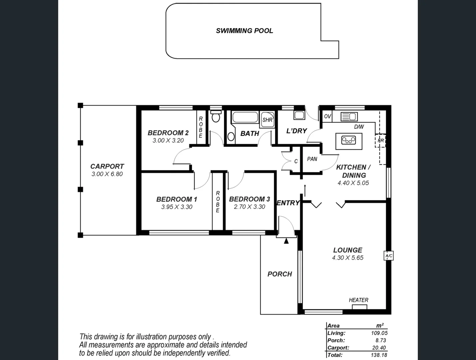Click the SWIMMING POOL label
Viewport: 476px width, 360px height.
click(x=244, y=31)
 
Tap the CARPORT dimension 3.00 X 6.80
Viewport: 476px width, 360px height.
click(x=107, y=174)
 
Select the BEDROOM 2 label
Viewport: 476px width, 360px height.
click(x=168, y=133)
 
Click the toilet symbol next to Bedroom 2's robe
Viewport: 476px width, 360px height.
click(x=216, y=116)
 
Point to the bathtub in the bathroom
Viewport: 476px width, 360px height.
click(x=245, y=117)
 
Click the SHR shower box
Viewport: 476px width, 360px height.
click(x=267, y=120)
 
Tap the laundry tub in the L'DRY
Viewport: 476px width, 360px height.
click(x=299, y=115)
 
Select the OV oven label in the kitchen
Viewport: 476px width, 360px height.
click(x=327, y=116)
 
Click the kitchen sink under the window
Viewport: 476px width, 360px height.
click(x=349, y=117)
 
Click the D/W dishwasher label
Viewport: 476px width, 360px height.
click(x=359, y=127)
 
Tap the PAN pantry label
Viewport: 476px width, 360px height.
click(x=312, y=159)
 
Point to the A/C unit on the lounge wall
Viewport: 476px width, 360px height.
click(x=388, y=256)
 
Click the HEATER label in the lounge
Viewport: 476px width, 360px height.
click(x=358, y=300)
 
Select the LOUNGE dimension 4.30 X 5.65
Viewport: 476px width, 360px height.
click(x=347, y=258)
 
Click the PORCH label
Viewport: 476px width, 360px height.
click(x=279, y=274)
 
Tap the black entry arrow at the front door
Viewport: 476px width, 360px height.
click(x=286, y=241)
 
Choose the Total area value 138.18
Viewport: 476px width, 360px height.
click(x=379, y=355)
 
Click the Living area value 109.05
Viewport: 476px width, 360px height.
click(x=379, y=333)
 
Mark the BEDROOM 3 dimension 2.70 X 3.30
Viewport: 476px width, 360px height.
click(x=249, y=207)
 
